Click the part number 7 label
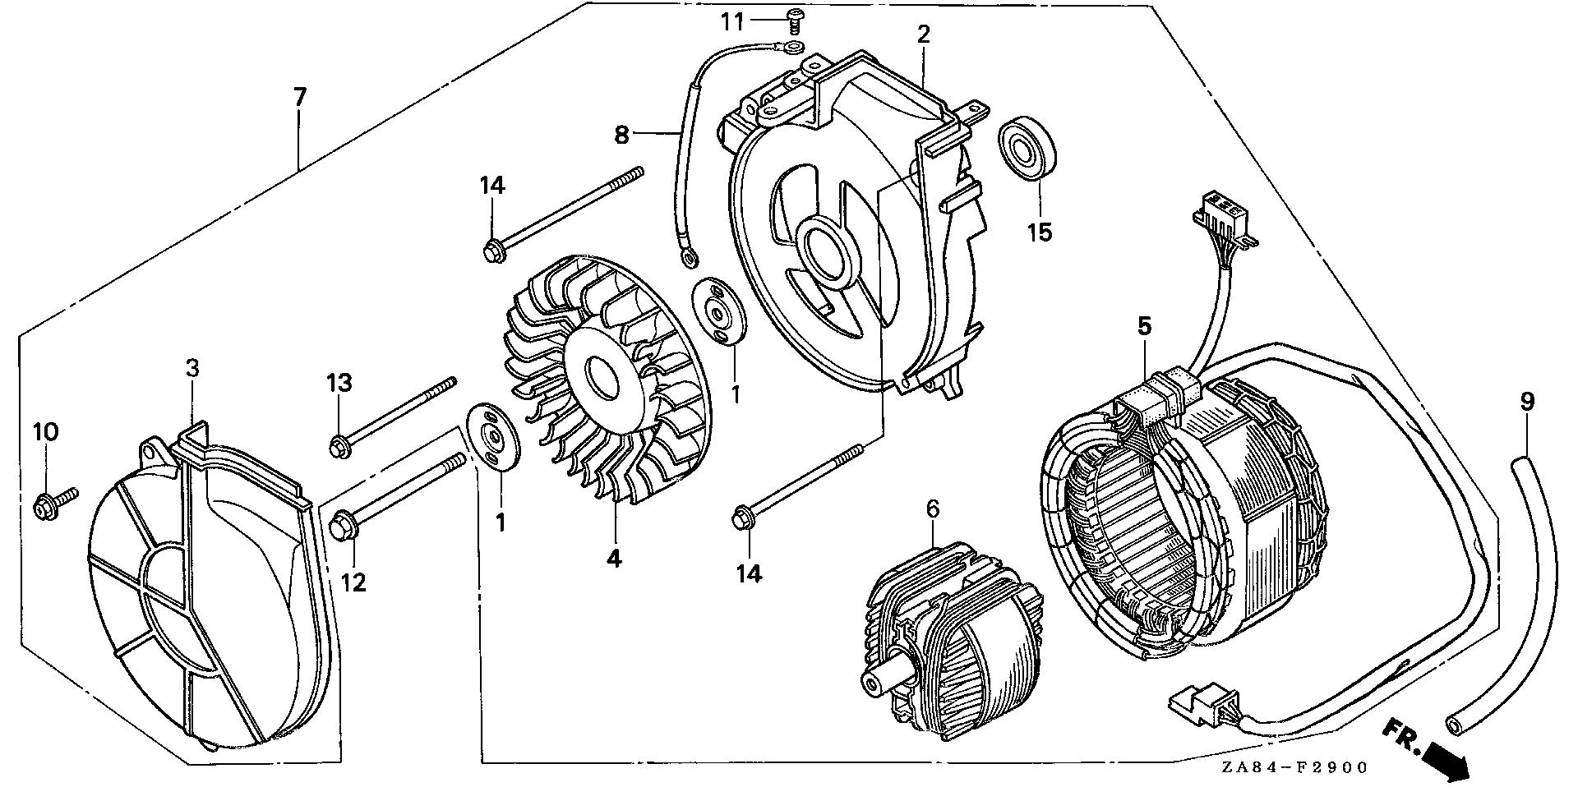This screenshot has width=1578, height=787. [299, 98]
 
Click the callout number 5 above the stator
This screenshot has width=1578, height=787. [1144, 326]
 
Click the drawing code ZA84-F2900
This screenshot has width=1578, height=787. [1294, 768]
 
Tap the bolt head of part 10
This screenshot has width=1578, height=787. [41, 508]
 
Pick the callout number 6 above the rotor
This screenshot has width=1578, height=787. [932, 509]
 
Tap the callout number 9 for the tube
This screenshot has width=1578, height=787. [1527, 402]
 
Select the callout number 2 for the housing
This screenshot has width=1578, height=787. [923, 35]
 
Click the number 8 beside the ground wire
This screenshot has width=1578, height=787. [621, 135]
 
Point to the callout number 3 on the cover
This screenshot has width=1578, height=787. [191, 368]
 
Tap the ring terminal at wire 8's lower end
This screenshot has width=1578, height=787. [689, 260]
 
